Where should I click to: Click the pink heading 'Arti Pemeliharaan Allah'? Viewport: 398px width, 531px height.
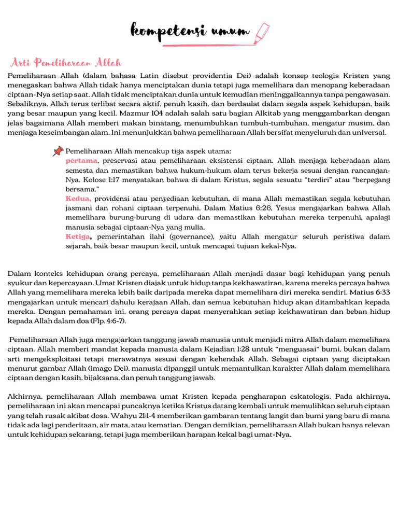pyautogui.click(x=66, y=63)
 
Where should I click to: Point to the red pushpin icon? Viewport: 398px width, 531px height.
pyautogui.click(x=58, y=151)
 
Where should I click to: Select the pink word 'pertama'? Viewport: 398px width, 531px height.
pyautogui.click(x=82, y=161)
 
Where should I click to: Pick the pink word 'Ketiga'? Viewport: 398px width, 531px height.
pyautogui.click(x=78, y=236)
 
